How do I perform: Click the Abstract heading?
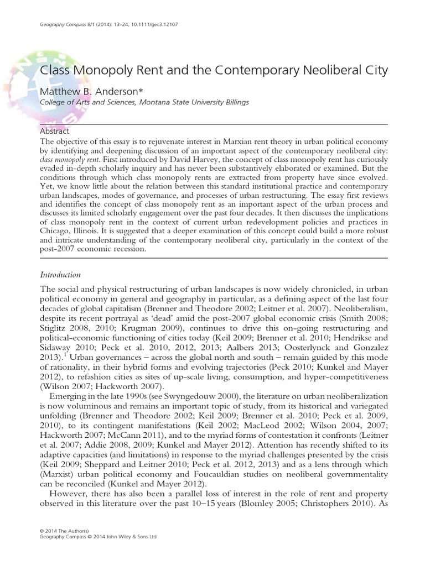click(x=55, y=132)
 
